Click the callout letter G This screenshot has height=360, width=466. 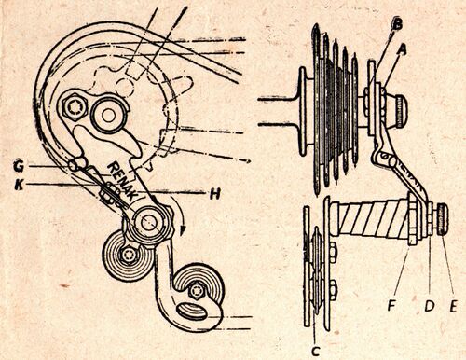pos(19,167)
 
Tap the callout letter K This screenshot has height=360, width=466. pos(20,185)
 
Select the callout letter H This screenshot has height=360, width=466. pos(215,195)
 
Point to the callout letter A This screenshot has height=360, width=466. pos(402,49)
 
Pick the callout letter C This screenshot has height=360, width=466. pos(315,352)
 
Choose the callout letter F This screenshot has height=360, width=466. pos(392,306)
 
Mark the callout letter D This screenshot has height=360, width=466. pos(429,306)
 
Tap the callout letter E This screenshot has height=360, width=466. pos(453,307)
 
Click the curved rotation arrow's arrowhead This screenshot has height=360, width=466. pos(183,230)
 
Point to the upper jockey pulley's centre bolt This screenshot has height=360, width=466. pos(128,255)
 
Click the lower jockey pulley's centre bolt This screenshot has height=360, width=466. pos(197,291)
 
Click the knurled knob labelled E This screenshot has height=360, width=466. pos(443,222)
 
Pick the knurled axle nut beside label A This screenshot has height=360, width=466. pos(402,112)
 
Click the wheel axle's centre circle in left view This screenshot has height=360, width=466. pos(107,116)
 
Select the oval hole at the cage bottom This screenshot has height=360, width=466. pos(192,312)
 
